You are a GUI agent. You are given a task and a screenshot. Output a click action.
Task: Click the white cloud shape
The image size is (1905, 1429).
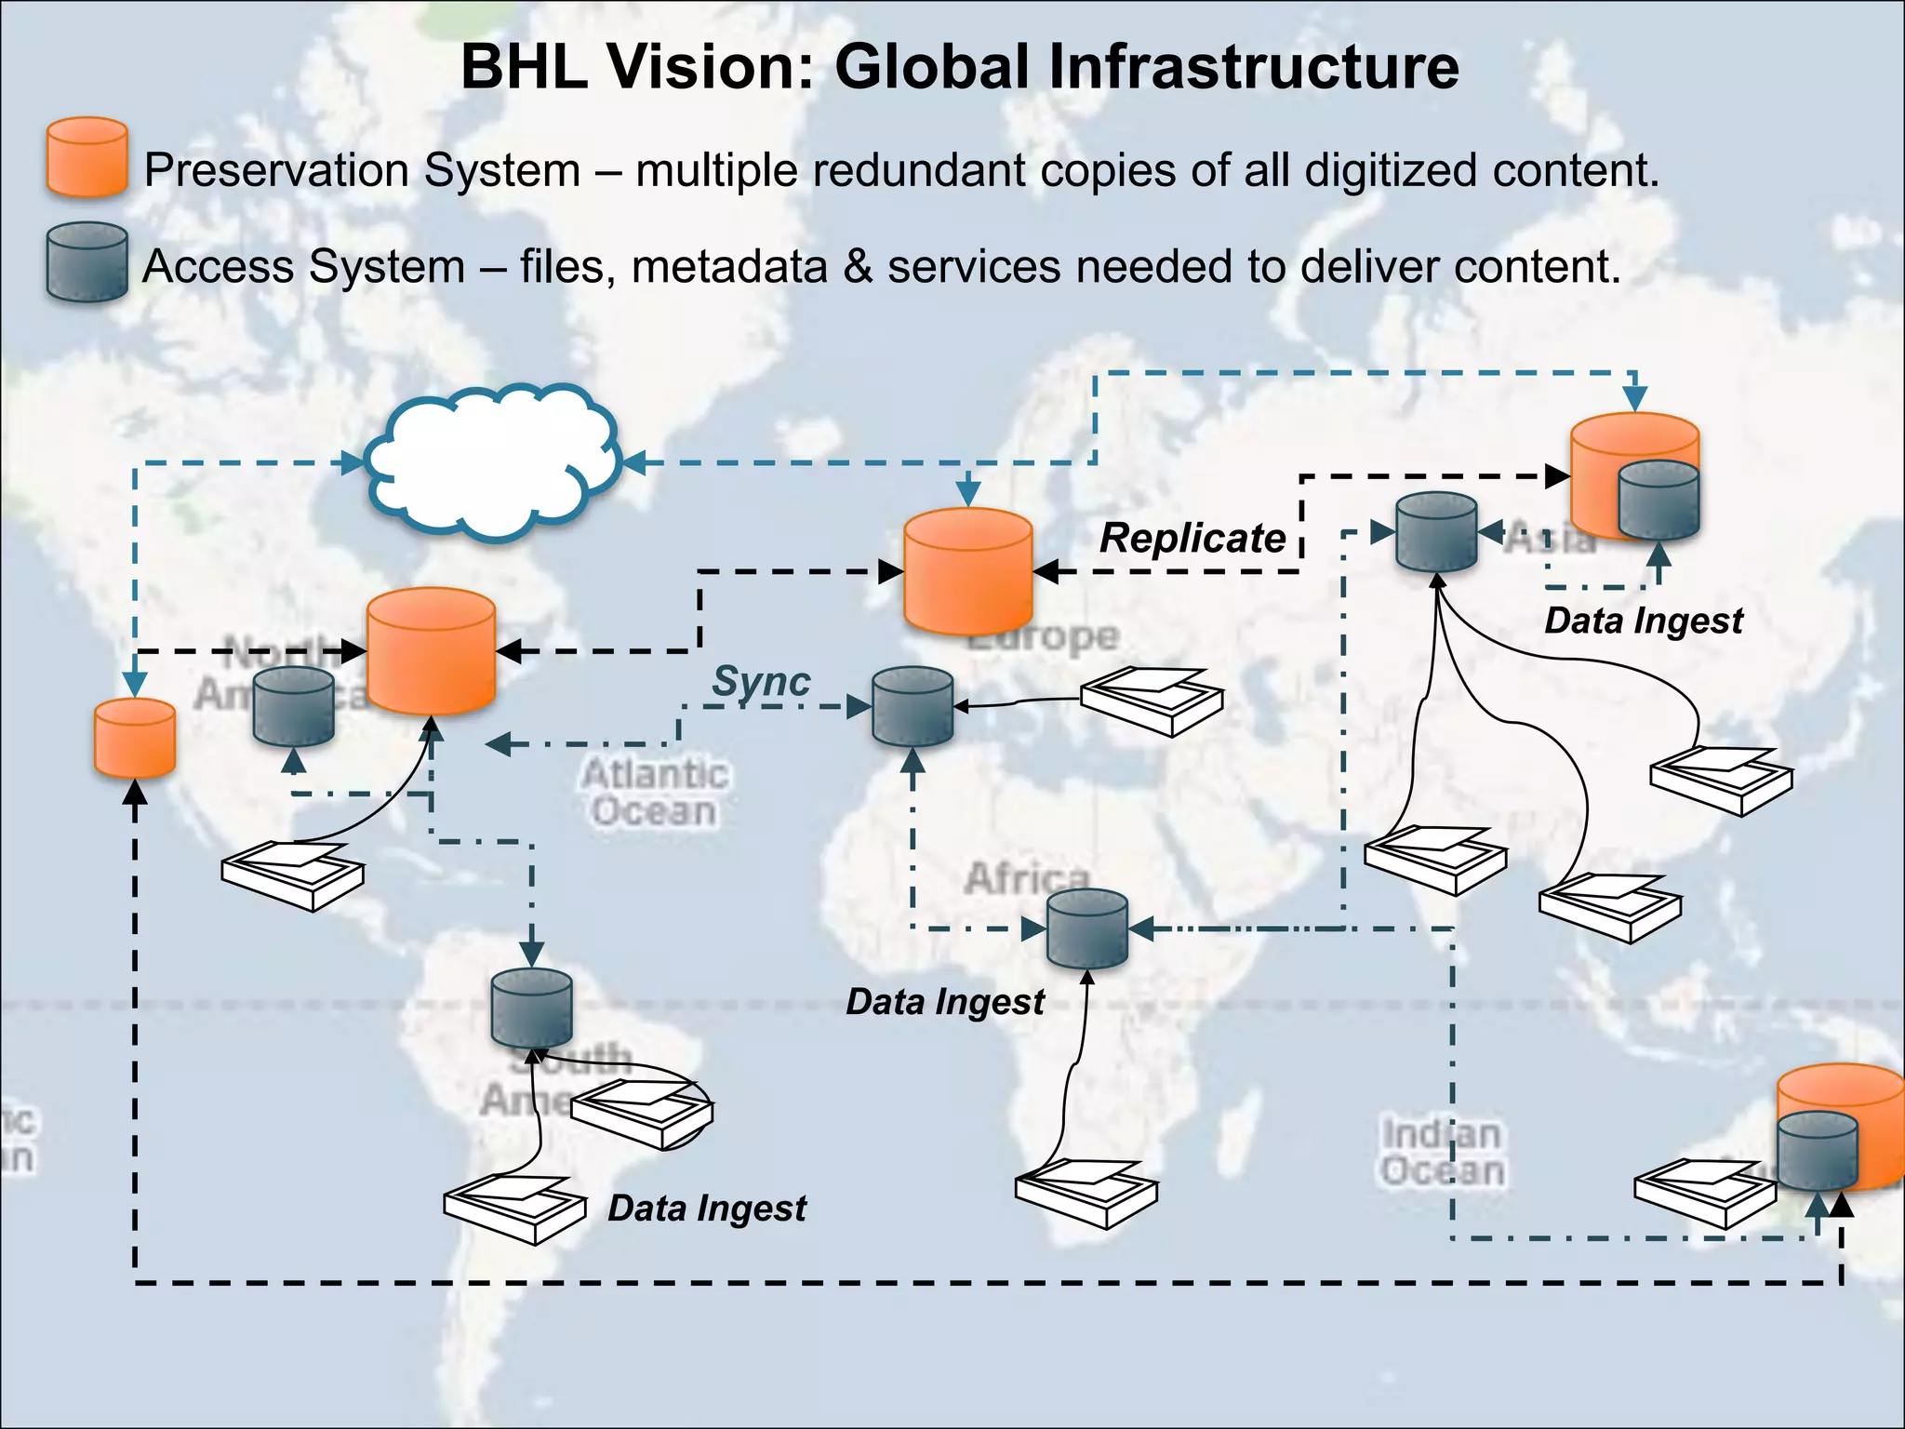[493, 462]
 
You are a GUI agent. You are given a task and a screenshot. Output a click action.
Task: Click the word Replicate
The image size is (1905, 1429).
[1192, 538]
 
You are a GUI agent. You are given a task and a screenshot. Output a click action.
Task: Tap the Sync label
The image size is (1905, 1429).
[761, 681]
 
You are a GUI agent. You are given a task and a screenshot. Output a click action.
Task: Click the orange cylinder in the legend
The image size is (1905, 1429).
[87, 157]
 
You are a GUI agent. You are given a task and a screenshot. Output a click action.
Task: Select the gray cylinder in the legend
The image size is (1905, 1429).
[87, 262]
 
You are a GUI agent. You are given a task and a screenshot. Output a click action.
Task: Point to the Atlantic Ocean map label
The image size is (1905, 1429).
[655, 793]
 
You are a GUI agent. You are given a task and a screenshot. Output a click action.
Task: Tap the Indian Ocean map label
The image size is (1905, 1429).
[1441, 1153]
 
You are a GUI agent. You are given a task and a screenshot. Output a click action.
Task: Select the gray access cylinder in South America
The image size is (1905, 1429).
[531, 1008]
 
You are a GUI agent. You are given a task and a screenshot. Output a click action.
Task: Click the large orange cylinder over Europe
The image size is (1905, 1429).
[967, 571]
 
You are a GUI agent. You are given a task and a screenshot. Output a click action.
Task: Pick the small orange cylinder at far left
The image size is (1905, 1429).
[135, 738]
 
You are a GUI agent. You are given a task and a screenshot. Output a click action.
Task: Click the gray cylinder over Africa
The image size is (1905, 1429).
[1086, 928]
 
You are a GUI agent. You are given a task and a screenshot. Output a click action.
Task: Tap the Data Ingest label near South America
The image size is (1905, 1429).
[707, 1209]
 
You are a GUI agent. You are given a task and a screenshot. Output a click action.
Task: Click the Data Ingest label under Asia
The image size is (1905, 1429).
[1644, 621]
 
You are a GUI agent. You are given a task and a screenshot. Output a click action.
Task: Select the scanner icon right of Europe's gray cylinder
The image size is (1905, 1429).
[1152, 701]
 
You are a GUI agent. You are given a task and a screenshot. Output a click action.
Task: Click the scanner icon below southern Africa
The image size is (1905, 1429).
[1086, 1194]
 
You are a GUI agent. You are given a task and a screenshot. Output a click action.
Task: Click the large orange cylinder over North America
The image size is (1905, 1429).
[431, 651]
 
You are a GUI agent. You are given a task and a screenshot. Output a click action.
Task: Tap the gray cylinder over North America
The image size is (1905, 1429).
[294, 706]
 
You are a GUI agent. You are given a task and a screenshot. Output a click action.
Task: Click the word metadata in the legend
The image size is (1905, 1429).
[729, 267]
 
